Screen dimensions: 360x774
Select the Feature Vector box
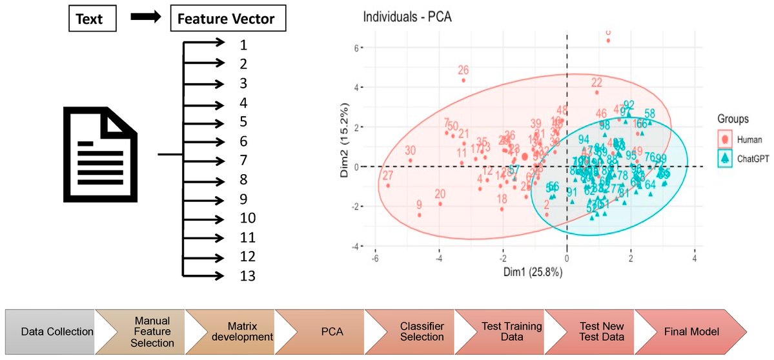(228, 19)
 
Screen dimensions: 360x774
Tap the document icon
(100, 155)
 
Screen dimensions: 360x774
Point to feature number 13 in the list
(247, 276)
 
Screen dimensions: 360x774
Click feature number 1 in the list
(243, 45)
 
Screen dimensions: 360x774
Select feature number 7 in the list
(243, 160)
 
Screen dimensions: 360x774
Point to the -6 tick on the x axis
(375, 258)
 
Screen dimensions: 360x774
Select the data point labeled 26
(463, 80)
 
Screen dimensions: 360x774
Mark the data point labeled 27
(388, 185)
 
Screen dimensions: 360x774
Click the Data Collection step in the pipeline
(57, 332)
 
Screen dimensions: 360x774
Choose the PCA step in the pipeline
(331, 332)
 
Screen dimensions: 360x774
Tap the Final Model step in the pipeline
(691, 332)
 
